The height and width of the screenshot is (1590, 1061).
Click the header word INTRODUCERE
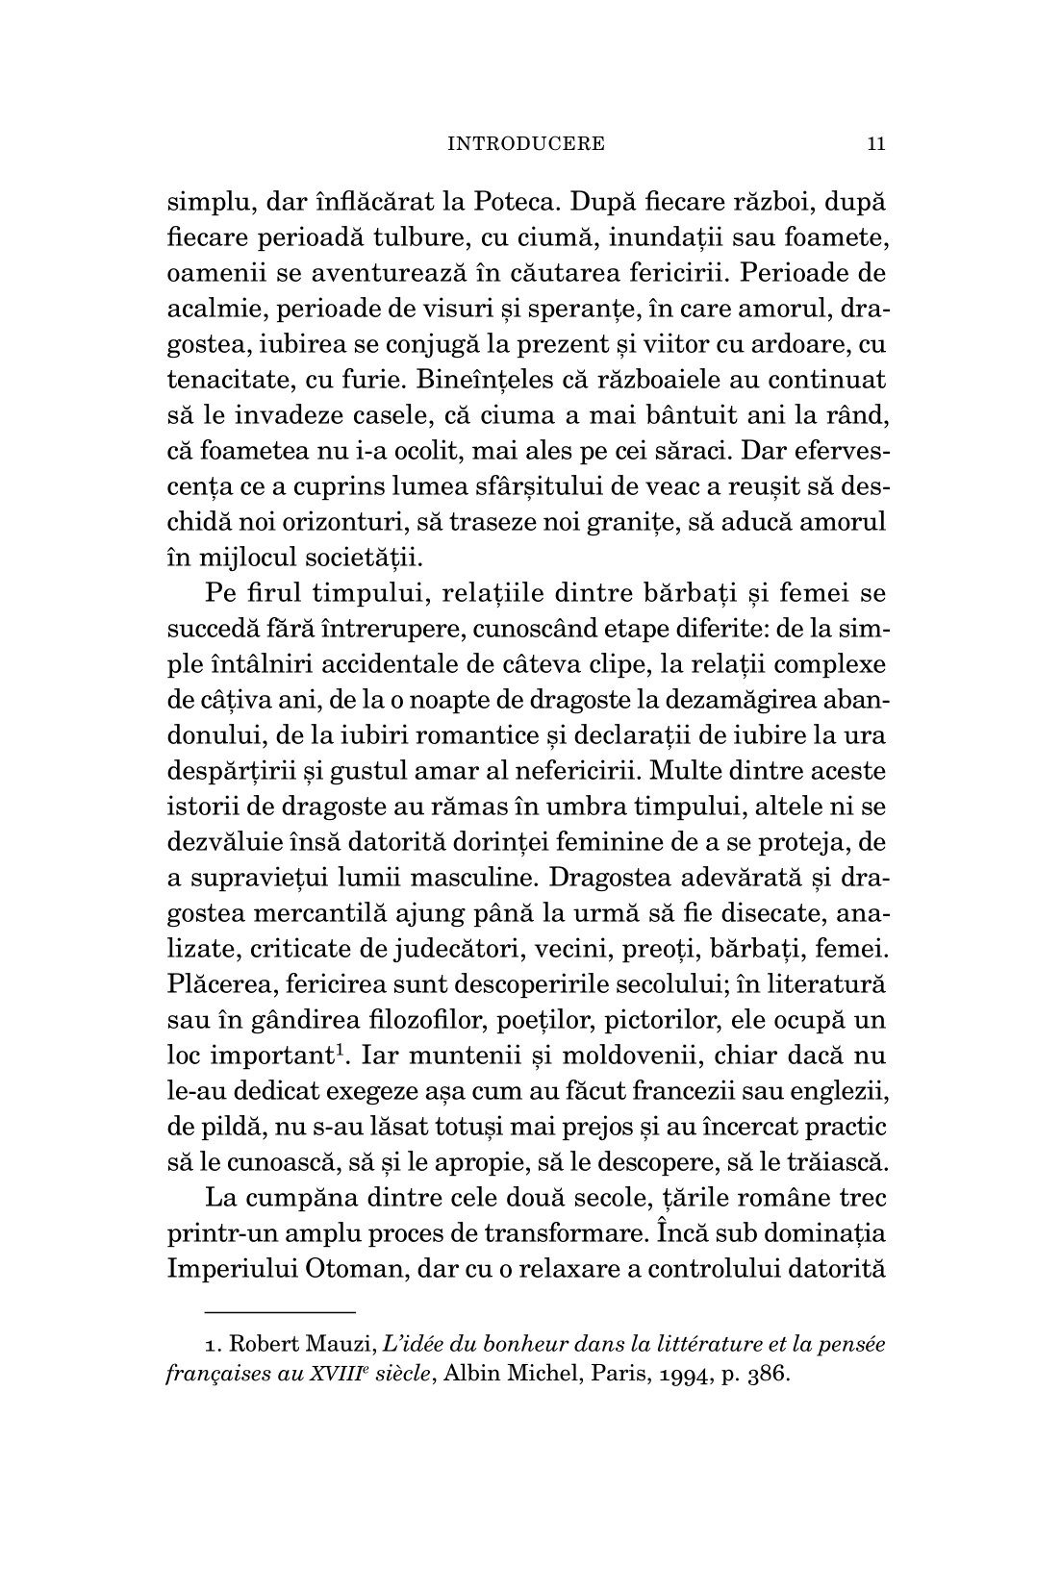(x=527, y=144)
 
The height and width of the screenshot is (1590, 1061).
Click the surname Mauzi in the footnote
(x=327, y=1345)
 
